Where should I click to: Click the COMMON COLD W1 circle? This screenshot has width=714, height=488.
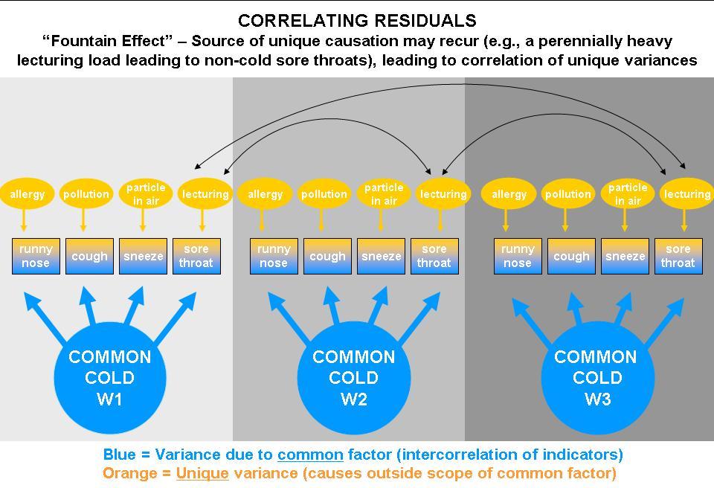109,378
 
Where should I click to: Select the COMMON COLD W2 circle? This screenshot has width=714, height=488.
353,378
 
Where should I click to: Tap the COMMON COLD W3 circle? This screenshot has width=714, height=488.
596,378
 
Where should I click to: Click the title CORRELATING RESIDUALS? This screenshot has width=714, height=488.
357,20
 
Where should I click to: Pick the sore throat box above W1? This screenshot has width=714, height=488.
196,256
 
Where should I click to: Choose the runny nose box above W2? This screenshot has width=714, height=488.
274,256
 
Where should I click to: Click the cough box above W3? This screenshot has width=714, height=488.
571,256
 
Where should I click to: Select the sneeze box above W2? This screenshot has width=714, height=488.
381,256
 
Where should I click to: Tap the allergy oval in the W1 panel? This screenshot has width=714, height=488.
27,194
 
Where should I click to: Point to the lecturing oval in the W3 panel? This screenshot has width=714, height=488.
686,194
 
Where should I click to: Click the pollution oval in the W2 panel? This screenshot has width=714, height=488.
324,194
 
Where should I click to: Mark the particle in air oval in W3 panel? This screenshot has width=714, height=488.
627,193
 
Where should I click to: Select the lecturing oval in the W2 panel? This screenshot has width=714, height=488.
443,194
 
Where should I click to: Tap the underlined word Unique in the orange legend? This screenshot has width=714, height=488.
202,472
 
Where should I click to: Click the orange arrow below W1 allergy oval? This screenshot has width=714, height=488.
24,220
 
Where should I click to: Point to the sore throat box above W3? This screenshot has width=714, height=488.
678,256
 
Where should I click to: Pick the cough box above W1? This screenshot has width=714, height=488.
89,256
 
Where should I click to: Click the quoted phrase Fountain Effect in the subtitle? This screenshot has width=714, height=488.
112,40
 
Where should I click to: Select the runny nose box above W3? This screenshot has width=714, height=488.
518,256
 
